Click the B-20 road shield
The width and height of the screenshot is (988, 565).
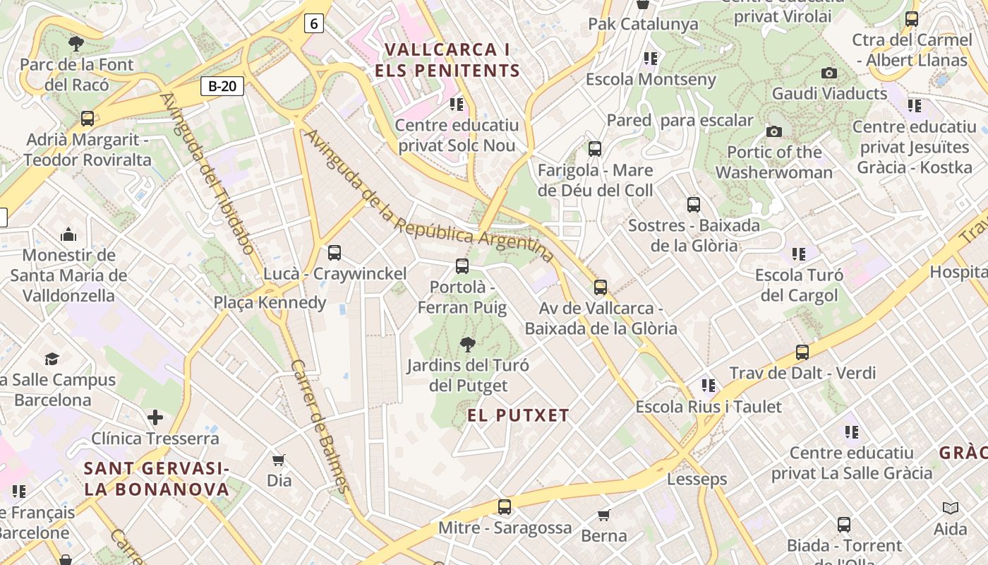(x=222, y=86)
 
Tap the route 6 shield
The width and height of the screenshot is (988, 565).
(x=314, y=24)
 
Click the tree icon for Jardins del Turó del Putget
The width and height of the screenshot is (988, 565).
(x=467, y=345)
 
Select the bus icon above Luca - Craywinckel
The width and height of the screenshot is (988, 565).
(x=335, y=252)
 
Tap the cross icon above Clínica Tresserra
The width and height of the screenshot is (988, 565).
(x=155, y=417)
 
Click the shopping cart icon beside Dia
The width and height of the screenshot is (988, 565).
(x=279, y=460)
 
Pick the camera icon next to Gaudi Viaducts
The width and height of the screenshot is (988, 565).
(x=829, y=73)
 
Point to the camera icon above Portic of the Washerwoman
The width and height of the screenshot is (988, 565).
(x=774, y=131)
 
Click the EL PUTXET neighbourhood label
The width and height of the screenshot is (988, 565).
(x=518, y=415)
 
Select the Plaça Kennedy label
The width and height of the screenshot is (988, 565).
(x=270, y=303)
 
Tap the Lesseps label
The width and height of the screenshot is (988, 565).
(x=697, y=480)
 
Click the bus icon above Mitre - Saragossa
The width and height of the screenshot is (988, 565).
(x=504, y=506)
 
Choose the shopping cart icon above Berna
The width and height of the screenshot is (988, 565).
(x=603, y=515)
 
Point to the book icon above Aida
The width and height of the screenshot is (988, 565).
(x=951, y=508)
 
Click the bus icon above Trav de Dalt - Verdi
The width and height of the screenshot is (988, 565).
(x=802, y=352)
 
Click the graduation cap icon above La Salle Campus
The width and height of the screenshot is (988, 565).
(x=52, y=359)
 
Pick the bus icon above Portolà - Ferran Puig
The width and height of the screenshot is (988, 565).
(x=462, y=266)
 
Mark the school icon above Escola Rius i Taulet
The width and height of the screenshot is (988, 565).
(x=709, y=386)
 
